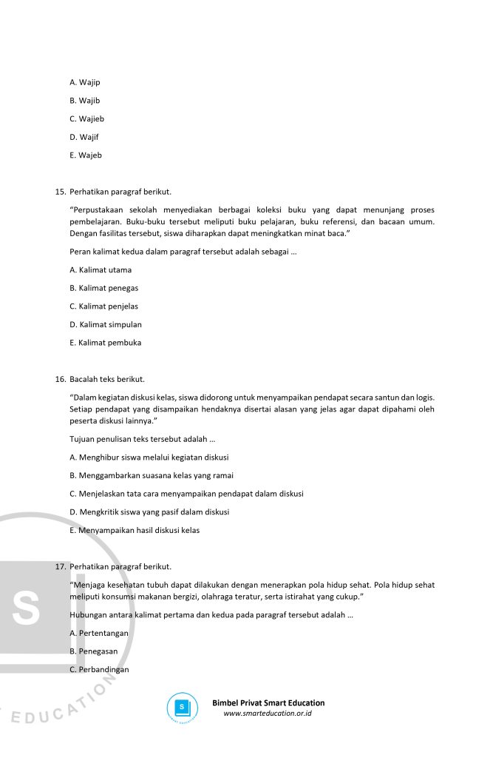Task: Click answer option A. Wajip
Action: [84, 82]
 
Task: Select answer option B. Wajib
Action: [84, 101]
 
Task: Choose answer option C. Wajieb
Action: [86, 118]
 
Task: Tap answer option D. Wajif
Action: [84, 137]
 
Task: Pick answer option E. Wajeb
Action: [85, 155]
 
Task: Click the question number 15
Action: [61, 192]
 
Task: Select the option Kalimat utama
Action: [101, 270]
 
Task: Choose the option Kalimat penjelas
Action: [103, 306]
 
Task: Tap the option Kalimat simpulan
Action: [106, 325]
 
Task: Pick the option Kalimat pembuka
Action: [105, 343]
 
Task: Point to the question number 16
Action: [61, 380]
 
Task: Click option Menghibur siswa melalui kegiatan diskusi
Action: [149, 457]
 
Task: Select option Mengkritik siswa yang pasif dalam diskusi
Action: [149, 512]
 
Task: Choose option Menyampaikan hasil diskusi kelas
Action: [134, 531]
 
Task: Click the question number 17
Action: [61, 567]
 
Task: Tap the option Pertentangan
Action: [98, 634]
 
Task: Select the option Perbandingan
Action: [99, 670]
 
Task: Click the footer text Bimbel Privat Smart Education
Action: [268, 703]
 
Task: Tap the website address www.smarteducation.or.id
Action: [267, 714]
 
